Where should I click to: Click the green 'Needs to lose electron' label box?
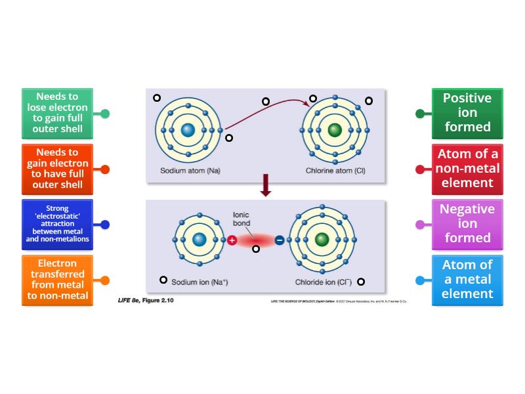[x=57, y=113]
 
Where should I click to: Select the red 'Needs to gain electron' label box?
[x=57, y=169]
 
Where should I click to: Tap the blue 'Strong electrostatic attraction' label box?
[x=57, y=225]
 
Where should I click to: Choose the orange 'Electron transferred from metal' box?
[x=57, y=280]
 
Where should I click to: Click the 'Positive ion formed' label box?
[x=467, y=113]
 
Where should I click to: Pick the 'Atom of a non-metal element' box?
[x=467, y=169]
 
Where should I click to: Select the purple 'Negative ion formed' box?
[x=467, y=225]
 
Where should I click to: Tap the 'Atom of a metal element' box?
[x=467, y=280]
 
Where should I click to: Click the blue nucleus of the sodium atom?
[x=188, y=131]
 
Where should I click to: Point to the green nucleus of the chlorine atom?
[x=334, y=131]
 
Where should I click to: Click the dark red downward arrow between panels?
[x=266, y=185]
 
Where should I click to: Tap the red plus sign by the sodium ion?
[x=232, y=240]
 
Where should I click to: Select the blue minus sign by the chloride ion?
[x=280, y=240]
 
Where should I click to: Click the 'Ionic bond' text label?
[x=241, y=219]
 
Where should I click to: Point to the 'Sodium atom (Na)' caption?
[x=190, y=171]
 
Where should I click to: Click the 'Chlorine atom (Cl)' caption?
[x=335, y=171]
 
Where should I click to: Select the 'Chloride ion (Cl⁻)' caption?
[x=324, y=282]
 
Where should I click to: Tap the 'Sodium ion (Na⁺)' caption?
[x=199, y=282]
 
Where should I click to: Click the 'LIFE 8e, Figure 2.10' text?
[x=146, y=301]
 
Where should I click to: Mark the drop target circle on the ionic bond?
[x=256, y=249]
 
